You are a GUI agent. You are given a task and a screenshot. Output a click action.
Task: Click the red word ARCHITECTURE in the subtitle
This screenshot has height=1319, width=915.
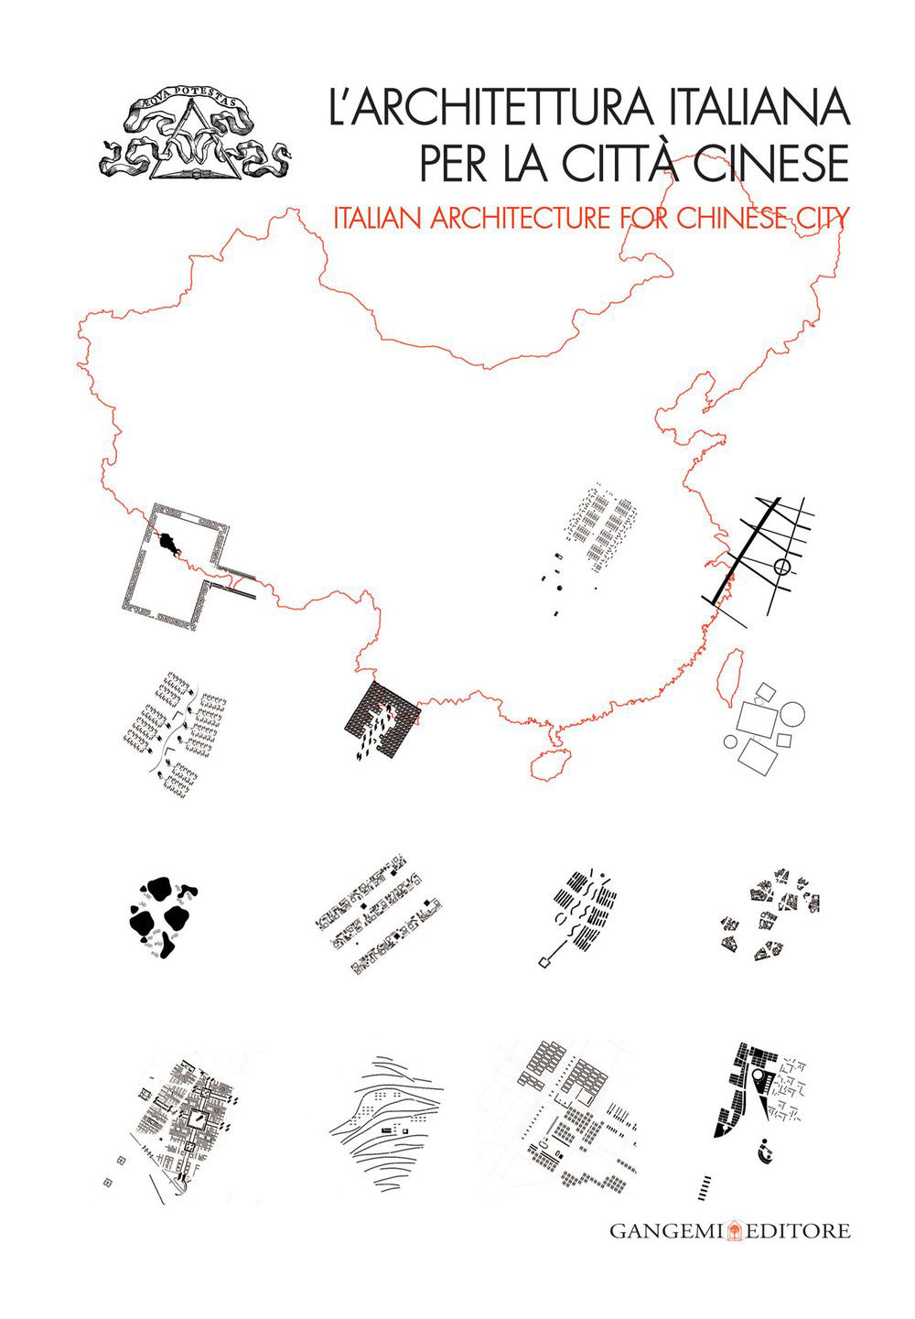[x=521, y=218]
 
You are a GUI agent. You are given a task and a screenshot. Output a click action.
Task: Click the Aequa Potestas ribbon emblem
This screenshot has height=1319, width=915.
[x=193, y=136]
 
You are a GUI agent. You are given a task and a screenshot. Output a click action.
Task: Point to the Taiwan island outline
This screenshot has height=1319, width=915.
[x=728, y=677]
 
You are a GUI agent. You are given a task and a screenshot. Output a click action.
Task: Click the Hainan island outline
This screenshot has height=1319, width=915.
[x=552, y=763]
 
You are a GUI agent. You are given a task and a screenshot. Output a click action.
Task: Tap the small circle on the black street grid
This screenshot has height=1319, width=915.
[x=781, y=568]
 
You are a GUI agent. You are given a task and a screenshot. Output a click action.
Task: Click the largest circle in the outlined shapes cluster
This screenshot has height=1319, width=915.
[x=791, y=714]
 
